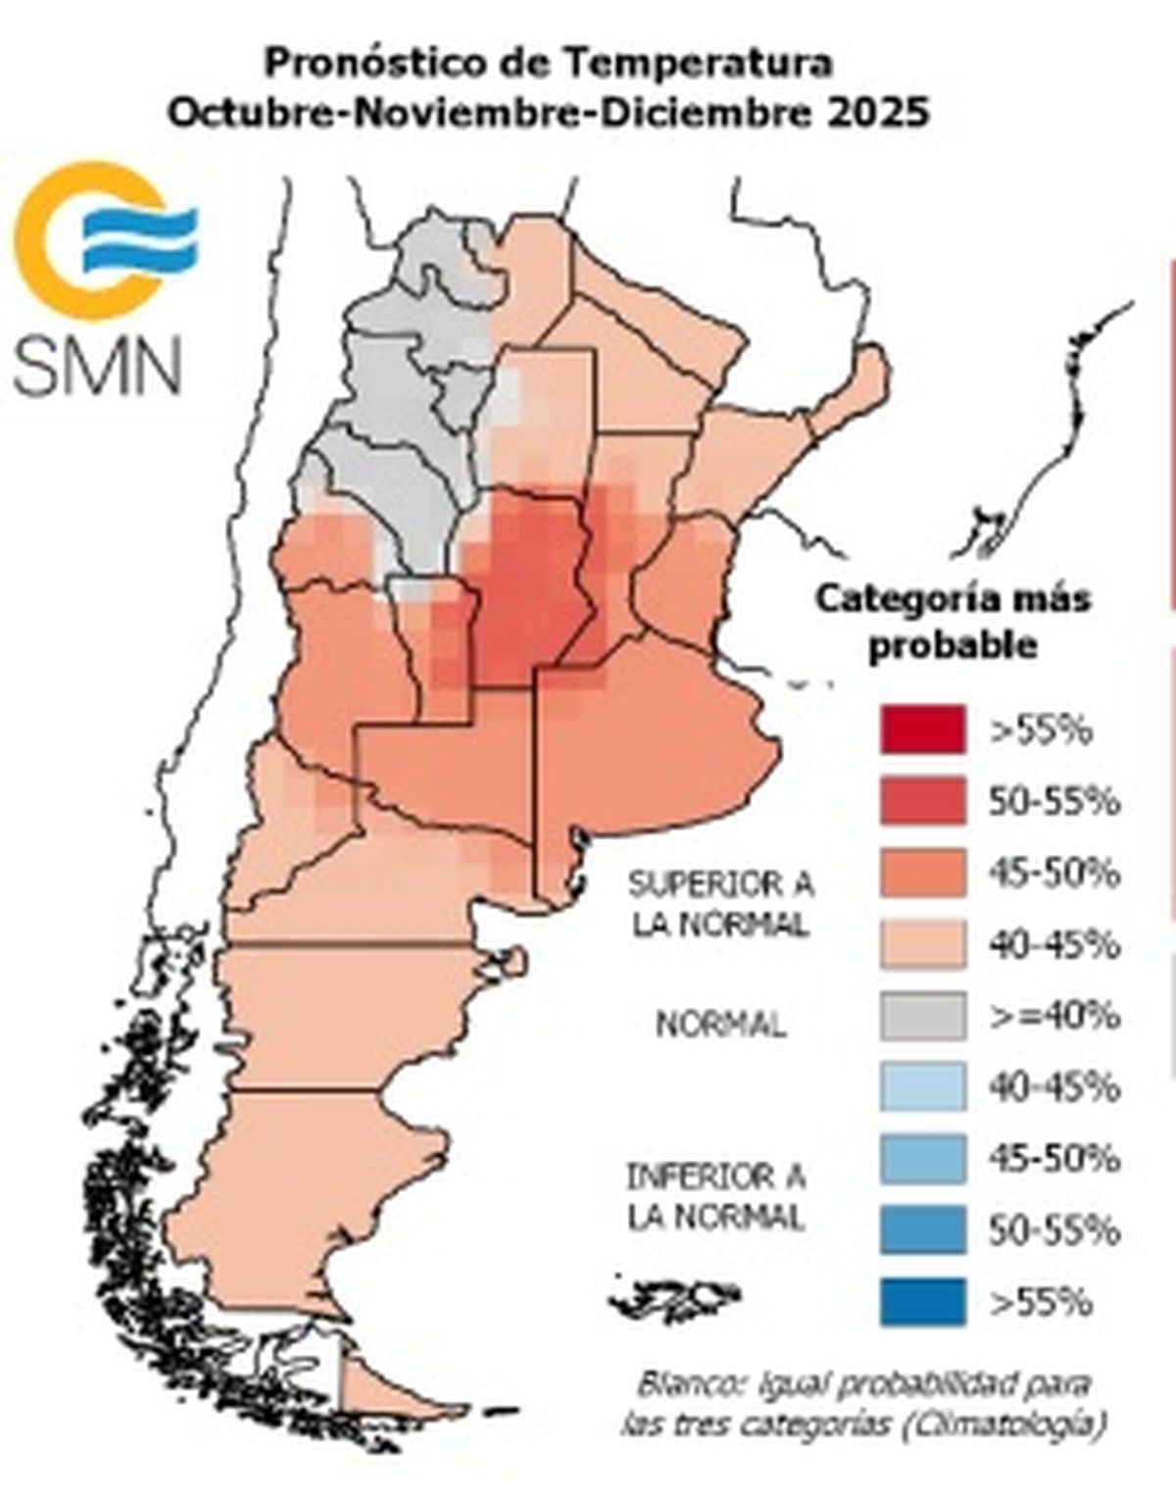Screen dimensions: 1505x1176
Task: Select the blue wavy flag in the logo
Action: [x=139, y=237]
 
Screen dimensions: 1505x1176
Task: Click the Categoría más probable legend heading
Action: [x=953, y=622]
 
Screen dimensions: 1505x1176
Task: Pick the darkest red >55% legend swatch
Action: [x=922, y=729]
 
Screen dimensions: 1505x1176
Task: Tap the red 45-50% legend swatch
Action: [x=922, y=873]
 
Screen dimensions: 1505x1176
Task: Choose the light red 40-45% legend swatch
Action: [x=922, y=944]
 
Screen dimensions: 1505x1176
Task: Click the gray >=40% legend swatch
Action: [x=922, y=1016]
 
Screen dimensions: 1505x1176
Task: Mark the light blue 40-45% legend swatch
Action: [x=922, y=1087]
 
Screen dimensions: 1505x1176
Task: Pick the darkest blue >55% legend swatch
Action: [x=922, y=1302]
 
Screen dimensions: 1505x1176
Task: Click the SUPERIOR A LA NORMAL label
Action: [x=720, y=904]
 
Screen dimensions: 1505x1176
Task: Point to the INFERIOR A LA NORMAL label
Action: [x=716, y=1196]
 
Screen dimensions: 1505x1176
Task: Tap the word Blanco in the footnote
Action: [x=683, y=1384]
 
